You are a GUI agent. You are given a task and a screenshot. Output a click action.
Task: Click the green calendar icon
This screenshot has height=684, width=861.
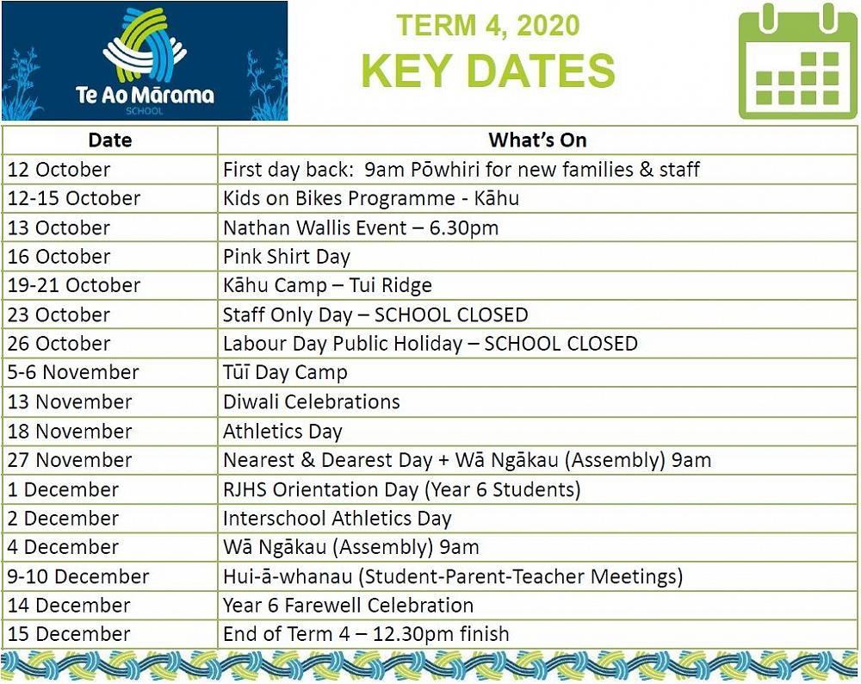(797, 61)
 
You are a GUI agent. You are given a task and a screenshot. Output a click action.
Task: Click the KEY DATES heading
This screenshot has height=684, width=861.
(488, 71)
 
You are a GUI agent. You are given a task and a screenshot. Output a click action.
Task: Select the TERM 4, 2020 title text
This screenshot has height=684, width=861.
(488, 25)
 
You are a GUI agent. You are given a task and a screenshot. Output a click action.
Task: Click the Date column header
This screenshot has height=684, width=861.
(110, 140)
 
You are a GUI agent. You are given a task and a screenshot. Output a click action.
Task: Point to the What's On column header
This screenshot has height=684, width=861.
(537, 140)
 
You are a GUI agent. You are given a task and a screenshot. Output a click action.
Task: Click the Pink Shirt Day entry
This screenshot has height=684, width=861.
(286, 257)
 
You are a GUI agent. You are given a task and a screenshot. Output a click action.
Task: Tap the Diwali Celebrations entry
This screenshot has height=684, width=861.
(312, 401)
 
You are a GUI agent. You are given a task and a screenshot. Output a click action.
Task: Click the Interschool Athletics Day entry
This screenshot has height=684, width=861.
(338, 518)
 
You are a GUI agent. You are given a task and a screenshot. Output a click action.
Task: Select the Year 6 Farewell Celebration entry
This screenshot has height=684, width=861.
(348, 605)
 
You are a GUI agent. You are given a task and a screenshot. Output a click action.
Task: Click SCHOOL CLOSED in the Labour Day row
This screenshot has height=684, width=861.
(561, 344)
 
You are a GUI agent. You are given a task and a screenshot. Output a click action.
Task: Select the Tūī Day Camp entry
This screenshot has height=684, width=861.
(285, 372)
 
